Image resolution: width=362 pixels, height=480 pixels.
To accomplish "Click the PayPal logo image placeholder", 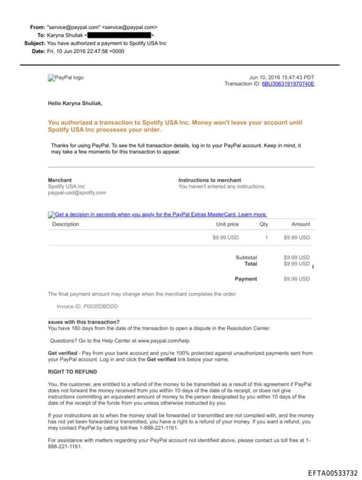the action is point(65,78).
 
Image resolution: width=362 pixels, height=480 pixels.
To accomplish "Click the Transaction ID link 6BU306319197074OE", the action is point(288,84).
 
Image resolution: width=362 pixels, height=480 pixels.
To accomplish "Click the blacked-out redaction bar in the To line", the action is point(120,34).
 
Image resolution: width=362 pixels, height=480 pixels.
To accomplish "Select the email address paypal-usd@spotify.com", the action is point(76,193).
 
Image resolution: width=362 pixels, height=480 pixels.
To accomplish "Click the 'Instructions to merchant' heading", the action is point(209,180).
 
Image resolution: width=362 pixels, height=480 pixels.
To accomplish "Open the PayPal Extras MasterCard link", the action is point(160,214).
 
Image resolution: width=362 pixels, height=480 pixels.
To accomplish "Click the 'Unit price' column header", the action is point(227,224).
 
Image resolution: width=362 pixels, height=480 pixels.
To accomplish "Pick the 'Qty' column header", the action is point(264,224).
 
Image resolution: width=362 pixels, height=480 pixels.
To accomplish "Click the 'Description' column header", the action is point(66,224).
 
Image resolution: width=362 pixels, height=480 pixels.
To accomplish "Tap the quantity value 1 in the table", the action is point(267,237).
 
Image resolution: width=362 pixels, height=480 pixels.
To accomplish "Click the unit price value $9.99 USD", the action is point(226,237).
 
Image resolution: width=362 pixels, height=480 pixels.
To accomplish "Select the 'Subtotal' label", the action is point(246,257).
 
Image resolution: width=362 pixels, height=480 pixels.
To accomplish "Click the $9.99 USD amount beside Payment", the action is point(296,279).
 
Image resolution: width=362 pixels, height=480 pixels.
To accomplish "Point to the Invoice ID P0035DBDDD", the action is point(87,307).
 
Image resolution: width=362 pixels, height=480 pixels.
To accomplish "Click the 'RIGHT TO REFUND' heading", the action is point(72,371).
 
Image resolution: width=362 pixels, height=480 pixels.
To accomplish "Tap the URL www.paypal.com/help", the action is point(156,341).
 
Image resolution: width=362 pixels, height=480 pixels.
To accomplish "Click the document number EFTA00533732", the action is point(332,472).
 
